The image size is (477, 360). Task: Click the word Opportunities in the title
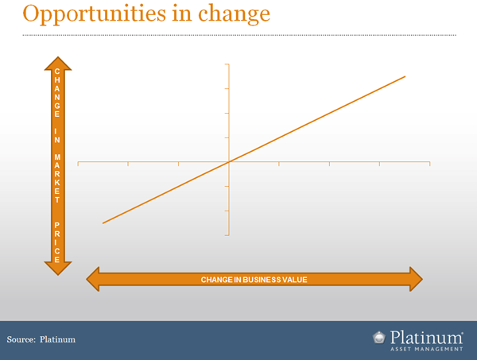(x=95, y=14)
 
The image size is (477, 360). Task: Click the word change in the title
(x=234, y=14)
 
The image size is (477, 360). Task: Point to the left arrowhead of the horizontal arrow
(x=93, y=279)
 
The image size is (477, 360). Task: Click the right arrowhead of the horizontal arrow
(x=416, y=279)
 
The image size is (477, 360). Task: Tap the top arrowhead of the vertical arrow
(x=58, y=64)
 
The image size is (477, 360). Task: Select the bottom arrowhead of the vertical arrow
(x=58, y=269)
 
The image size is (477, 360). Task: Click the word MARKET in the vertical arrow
(x=57, y=179)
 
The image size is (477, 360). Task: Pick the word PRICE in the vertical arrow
(x=57, y=242)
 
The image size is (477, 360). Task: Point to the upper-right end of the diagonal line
(x=405, y=76)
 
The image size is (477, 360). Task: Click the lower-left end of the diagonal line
(x=103, y=223)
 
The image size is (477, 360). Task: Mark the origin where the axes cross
(x=229, y=162)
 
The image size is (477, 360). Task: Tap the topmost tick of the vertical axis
(x=227, y=64)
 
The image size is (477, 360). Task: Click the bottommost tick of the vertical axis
(x=227, y=235)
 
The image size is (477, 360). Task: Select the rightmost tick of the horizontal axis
(x=430, y=164)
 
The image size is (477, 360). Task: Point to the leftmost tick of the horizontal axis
(x=78, y=164)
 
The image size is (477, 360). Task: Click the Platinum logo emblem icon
(x=379, y=338)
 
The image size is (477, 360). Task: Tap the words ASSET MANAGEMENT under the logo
(x=426, y=349)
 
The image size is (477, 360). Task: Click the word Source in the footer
(x=21, y=339)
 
